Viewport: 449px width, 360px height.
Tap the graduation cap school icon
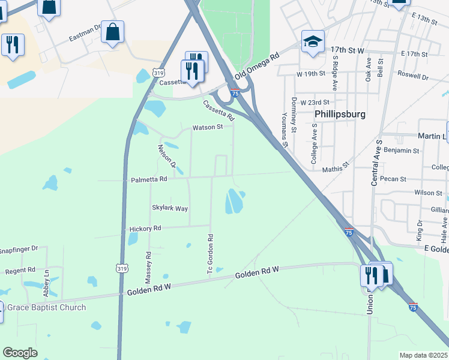[313, 42]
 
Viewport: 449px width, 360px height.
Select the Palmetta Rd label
[149, 179]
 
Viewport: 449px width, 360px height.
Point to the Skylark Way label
[170, 208]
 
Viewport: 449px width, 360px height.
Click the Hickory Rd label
[145, 229]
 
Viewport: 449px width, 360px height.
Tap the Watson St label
[207, 127]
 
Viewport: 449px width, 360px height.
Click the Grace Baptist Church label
[46, 308]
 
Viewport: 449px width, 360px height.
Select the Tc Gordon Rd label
[211, 255]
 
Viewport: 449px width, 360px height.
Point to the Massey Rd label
[148, 268]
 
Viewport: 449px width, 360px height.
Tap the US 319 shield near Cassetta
[158, 72]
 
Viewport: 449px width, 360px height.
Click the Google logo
[20, 352]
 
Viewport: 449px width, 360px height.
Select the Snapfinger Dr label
[18, 249]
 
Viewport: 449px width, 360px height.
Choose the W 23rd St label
[316, 103]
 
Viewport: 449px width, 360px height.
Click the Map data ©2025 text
[423, 355]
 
